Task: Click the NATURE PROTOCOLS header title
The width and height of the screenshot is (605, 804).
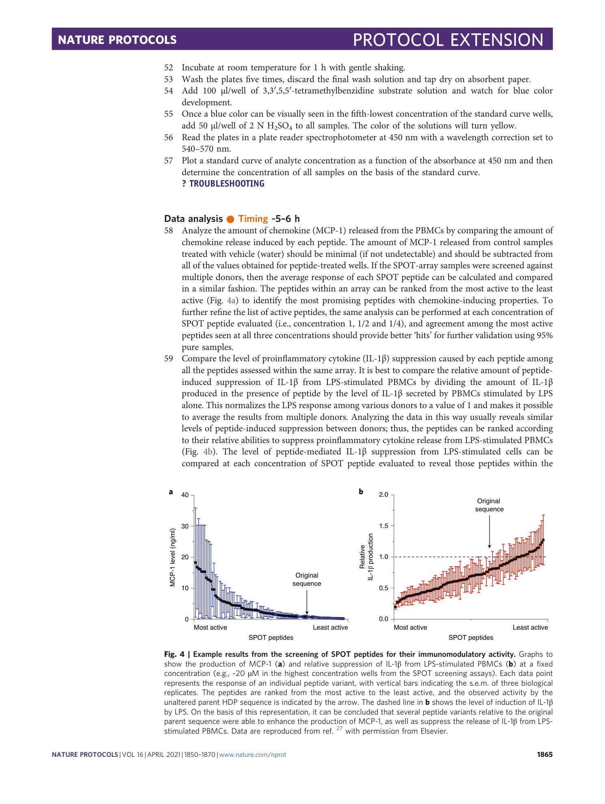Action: click(x=117, y=40)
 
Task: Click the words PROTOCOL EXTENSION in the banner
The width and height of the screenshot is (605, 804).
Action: click(x=448, y=40)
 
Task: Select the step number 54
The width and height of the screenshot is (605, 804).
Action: click(x=169, y=91)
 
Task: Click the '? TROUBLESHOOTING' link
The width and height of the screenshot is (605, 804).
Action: click(x=223, y=184)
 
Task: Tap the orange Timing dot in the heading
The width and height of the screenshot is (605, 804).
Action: click(x=230, y=219)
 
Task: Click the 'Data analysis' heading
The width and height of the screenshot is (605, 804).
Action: click(x=193, y=219)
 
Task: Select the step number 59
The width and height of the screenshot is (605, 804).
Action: click(x=169, y=359)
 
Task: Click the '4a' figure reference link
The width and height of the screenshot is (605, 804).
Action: click(x=232, y=301)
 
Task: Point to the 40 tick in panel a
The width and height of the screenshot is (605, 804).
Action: click(x=185, y=495)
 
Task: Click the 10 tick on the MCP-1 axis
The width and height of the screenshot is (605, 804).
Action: click(x=185, y=588)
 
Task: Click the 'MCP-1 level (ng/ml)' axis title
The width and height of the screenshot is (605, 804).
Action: click(x=172, y=557)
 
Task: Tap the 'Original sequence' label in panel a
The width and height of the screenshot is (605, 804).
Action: click(x=307, y=580)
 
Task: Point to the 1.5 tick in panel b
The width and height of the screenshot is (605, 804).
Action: click(x=384, y=526)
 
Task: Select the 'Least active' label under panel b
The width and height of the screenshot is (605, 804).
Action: click(x=530, y=628)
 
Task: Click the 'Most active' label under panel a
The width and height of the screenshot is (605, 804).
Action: click(x=210, y=628)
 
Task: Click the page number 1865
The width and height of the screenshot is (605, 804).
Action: click(x=544, y=754)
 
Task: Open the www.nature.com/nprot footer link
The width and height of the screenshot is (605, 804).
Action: click(x=253, y=755)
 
